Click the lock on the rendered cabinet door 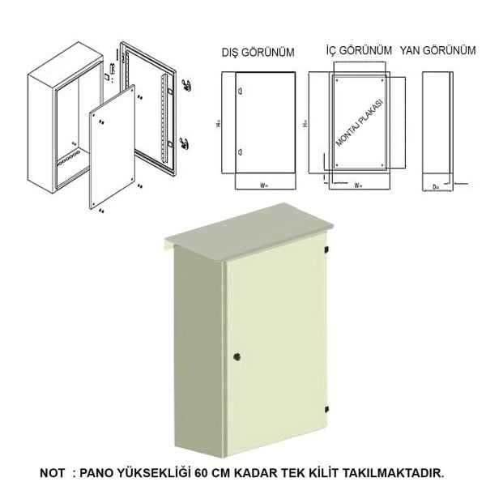point(237,356)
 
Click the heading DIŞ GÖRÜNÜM point(258,53)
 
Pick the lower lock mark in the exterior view point(239,153)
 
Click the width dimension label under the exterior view point(263,185)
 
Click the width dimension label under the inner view point(356,185)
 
